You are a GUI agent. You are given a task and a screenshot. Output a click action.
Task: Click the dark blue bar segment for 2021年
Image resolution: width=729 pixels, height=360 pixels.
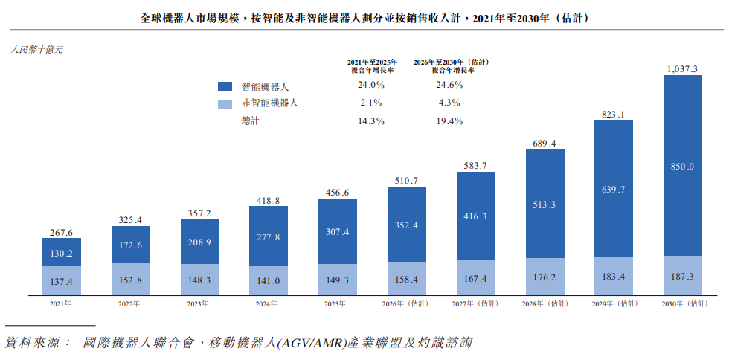point(61,252)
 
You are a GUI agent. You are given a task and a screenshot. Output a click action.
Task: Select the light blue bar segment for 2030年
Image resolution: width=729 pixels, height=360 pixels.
point(683,275)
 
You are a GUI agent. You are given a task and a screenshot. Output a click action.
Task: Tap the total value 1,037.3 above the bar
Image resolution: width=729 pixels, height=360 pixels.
point(683,69)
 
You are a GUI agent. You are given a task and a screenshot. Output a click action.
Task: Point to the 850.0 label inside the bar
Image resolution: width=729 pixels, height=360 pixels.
point(683,167)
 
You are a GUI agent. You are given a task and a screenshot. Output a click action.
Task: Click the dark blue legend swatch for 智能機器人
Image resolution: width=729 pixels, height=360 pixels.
point(225,86)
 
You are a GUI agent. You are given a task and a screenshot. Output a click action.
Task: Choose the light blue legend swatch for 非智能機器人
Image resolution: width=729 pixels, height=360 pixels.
point(225,104)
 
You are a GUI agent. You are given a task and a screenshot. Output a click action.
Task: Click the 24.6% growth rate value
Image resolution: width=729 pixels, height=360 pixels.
point(449,85)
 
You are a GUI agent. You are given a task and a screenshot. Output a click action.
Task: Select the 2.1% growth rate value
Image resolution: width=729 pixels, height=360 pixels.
point(371,103)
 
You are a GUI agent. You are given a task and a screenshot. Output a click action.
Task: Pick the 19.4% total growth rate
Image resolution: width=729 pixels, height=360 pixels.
point(449,121)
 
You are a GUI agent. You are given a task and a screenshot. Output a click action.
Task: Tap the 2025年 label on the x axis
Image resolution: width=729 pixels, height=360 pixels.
point(338,304)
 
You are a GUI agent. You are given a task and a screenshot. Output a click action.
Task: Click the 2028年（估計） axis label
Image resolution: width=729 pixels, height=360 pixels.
point(545,304)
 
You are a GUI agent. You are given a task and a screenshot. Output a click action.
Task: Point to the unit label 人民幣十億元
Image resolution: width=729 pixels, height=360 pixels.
point(36,50)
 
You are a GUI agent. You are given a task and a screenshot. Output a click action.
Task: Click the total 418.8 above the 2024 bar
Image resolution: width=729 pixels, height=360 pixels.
point(269,201)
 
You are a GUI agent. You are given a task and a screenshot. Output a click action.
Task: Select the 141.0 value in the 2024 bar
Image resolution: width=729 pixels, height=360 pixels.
point(269,281)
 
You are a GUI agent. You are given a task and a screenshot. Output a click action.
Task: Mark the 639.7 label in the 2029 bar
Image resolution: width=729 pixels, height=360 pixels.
point(614,190)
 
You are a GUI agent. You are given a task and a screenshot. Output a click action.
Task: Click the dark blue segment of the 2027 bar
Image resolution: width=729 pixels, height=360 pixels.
point(475,216)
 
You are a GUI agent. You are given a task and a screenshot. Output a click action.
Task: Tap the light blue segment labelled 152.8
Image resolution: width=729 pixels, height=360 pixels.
point(131,279)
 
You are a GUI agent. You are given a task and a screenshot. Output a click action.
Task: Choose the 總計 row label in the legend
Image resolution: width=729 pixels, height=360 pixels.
point(249,121)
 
